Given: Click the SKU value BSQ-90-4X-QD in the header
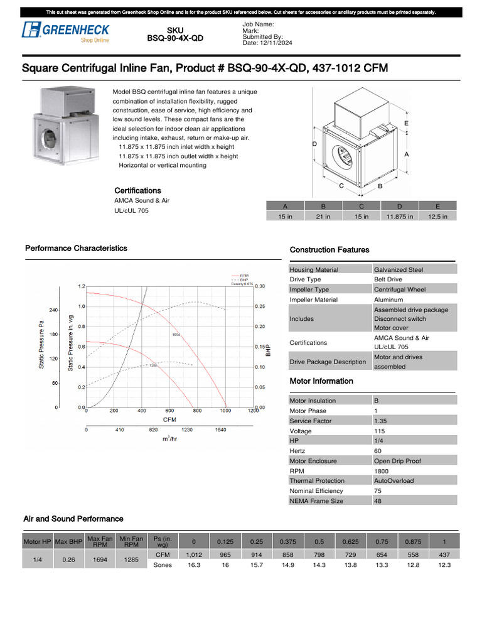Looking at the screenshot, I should tap(175, 38).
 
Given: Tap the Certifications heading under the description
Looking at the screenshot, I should tap(137, 190).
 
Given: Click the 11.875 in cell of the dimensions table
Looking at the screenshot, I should tap(400, 216).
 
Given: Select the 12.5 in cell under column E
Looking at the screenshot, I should tap(437, 216).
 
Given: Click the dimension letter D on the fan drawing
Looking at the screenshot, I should tap(314, 144).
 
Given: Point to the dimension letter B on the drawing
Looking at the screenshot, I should tap(380, 186).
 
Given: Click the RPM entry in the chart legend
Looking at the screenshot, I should tap(244, 275).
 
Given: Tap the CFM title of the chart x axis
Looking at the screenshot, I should tap(169, 419).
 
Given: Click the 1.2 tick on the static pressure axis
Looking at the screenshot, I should tap(81, 286).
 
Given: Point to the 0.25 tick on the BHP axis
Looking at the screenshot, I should tap(260, 306).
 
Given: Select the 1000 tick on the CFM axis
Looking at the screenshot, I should tap(225, 411).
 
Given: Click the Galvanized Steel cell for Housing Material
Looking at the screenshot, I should tap(399, 269).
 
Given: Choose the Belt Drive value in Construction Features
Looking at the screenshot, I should tap(388, 279).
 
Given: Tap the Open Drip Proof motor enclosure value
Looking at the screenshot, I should tap(398, 461).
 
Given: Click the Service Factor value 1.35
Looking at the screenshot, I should tap(380, 421).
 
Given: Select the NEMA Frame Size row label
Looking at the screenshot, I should tap(316, 501).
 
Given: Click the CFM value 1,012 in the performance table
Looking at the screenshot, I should tap(194, 555).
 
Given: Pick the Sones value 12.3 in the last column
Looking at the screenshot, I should tap(444, 565).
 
